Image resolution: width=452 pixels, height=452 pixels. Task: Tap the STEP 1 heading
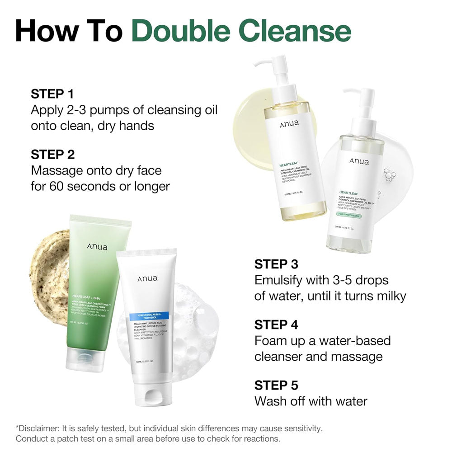pyautogui.click(x=52, y=94)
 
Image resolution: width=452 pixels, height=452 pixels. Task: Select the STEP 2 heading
pyautogui.click(x=52, y=155)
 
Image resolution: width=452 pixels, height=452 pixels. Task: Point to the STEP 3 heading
pyautogui.click(x=276, y=264)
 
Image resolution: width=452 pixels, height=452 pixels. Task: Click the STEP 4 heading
pyautogui.click(x=276, y=325)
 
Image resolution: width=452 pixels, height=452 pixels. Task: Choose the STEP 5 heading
pyautogui.click(x=276, y=385)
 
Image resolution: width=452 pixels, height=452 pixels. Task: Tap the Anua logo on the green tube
pyautogui.click(x=97, y=247)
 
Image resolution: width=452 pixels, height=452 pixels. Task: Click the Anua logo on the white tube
pyautogui.click(x=147, y=279)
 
